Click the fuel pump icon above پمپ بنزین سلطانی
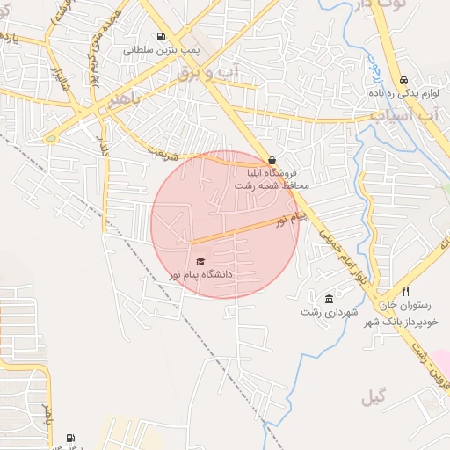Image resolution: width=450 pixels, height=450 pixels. (x=161, y=36)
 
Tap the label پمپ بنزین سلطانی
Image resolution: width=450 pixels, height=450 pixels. (x=162, y=51)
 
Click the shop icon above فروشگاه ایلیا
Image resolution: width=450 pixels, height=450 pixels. (x=272, y=161)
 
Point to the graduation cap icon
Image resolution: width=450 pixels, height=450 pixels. (x=200, y=261)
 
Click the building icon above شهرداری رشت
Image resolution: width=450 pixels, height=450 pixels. (x=329, y=298)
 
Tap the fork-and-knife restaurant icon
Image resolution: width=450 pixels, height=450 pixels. (x=405, y=292)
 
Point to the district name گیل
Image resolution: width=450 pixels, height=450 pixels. (x=374, y=398)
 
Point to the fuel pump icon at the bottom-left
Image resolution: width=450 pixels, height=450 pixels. (x=70, y=438)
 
